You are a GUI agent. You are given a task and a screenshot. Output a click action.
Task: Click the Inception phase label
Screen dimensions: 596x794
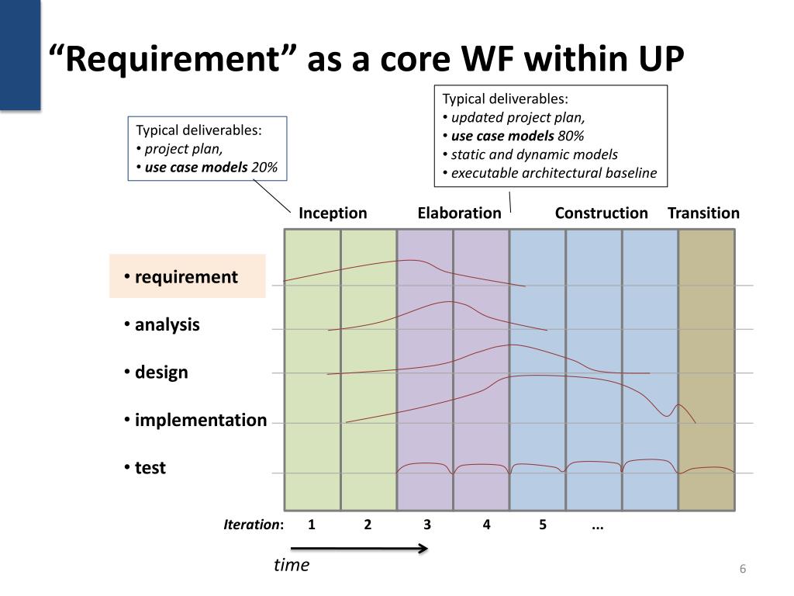333,213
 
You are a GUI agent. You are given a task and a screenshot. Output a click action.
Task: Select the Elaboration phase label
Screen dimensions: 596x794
459,213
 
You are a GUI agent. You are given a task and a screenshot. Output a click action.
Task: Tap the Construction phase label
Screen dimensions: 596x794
601,213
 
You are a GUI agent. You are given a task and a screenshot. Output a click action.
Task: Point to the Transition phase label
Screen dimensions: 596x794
703,213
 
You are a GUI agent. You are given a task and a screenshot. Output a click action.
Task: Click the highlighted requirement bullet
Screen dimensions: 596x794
186,277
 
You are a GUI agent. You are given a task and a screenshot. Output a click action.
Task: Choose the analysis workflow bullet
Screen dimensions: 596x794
167,325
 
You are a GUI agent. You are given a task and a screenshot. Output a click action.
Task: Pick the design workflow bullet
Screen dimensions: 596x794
161,372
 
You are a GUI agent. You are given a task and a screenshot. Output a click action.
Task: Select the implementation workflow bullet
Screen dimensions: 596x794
200,421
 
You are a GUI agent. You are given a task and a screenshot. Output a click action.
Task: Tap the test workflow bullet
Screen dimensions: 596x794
150,468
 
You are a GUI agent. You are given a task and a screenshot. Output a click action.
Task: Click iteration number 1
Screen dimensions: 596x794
311,525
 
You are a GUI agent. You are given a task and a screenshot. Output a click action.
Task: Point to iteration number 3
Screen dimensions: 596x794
427,525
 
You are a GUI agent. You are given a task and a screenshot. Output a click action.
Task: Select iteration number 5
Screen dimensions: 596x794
543,525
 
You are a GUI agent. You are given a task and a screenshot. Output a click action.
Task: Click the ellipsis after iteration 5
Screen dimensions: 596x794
597,525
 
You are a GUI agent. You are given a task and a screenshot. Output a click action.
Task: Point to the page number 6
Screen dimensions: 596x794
743,570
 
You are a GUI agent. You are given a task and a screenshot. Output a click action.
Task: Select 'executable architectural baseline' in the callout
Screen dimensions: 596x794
554,172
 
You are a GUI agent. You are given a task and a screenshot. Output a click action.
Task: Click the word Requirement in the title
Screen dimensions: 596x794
174,60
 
